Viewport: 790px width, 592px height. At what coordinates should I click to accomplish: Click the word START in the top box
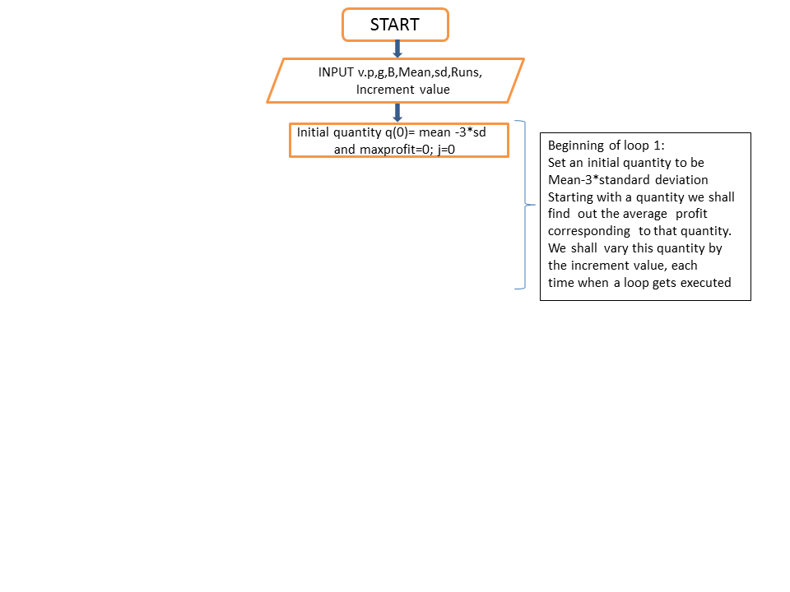[394, 25]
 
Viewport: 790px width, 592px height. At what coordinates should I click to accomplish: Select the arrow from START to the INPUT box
[397, 49]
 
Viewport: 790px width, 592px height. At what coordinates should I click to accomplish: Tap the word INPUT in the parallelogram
[336, 72]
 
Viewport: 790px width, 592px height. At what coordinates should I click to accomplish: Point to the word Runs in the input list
[464, 72]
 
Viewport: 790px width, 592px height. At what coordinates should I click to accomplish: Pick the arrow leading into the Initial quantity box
[397, 113]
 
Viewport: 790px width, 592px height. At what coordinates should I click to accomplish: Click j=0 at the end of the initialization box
[446, 150]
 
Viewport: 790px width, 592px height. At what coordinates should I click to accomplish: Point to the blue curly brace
[526, 205]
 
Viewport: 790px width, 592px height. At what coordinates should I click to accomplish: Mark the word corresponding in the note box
[589, 231]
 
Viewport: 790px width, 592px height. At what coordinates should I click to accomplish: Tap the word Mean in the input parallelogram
[415, 72]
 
